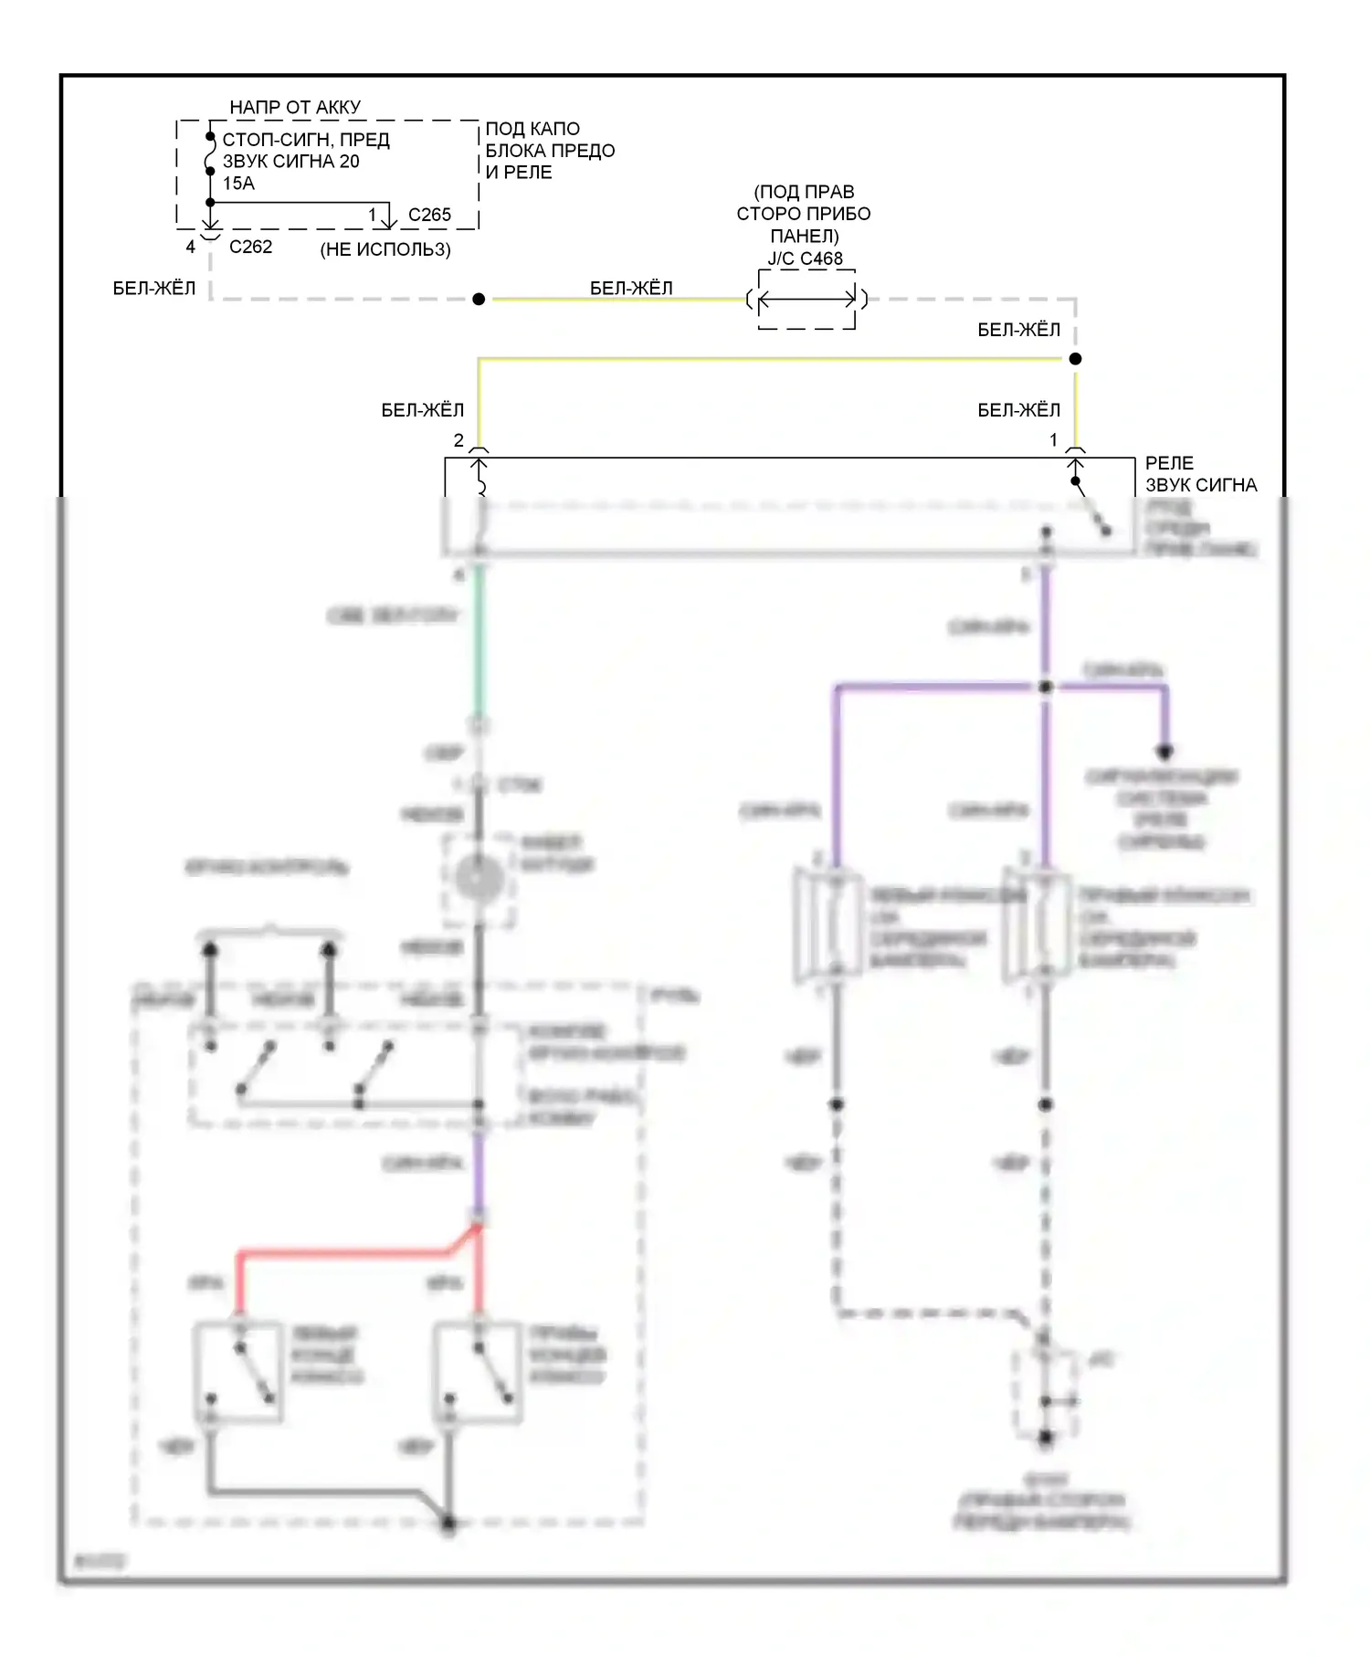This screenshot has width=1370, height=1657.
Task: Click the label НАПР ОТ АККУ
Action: pyautogui.click(x=295, y=107)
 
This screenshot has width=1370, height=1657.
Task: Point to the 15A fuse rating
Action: pyautogui.click(x=238, y=183)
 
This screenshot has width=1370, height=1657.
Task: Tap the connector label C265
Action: pyautogui.click(x=429, y=215)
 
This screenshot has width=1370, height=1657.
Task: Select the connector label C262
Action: pyautogui.click(x=250, y=247)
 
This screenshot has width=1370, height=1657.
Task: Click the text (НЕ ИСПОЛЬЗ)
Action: pyautogui.click(x=385, y=249)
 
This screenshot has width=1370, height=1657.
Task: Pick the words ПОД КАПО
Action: pyautogui.click(x=532, y=129)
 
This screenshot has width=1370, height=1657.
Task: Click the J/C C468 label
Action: pyautogui.click(x=805, y=259)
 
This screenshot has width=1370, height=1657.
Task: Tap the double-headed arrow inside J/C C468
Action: pyautogui.click(x=806, y=299)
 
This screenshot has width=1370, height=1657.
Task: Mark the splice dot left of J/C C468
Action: pyautogui.click(x=479, y=300)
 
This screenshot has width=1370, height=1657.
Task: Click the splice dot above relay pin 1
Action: pyautogui.click(x=1076, y=359)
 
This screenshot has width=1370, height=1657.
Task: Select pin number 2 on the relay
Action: pyautogui.click(x=458, y=440)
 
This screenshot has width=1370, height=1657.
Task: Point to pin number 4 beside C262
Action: pyautogui.click(x=190, y=247)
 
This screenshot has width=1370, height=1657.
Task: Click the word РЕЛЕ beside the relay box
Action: pyautogui.click(x=1169, y=463)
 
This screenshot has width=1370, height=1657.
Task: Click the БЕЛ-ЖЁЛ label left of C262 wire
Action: pyautogui.click(x=153, y=289)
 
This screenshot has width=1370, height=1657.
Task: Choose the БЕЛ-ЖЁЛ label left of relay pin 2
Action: pyautogui.click(x=422, y=410)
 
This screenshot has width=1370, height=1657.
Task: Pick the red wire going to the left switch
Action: pyautogui.click(x=239, y=1279)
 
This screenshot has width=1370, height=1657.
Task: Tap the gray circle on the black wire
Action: pyautogui.click(x=479, y=879)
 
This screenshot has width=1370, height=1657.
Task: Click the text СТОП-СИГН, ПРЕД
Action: pyautogui.click(x=306, y=140)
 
